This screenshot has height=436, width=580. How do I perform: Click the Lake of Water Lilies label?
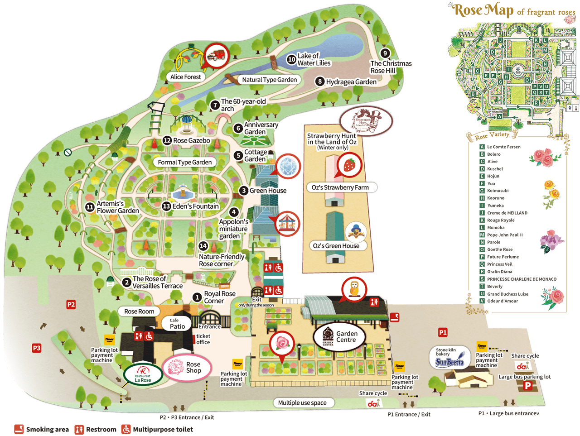pyautogui.click(x=314, y=59)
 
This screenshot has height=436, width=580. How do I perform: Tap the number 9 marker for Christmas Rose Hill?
pyautogui.click(x=385, y=53)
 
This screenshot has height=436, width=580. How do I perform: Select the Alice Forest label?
pyautogui.click(x=185, y=77)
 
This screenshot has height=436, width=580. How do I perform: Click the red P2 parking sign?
pyautogui.click(x=71, y=305)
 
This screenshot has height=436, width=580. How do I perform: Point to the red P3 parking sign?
pyautogui.click(x=37, y=348)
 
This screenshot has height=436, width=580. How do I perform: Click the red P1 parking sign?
pyautogui.click(x=443, y=332)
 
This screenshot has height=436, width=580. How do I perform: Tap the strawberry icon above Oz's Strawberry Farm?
pyautogui.click(x=349, y=164)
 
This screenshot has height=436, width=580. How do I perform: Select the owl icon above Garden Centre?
pyautogui.click(x=354, y=289)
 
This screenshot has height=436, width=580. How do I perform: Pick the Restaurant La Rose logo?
pyautogui.click(x=143, y=374)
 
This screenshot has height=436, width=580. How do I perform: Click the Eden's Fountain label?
pyautogui.click(x=195, y=206)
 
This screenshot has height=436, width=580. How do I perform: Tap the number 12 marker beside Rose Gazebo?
pyautogui.click(x=167, y=140)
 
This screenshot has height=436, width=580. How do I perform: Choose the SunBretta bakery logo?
pyautogui.click(x=449, y=358)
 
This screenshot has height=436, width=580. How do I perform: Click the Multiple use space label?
pyautogui.click(x=302, y=403)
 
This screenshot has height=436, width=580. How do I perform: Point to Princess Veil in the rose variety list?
pyautogui.click(x=500, y=264)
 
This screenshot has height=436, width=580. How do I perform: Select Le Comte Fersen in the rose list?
pyautogui.click(x=503, y=147)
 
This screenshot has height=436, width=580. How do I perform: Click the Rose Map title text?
pyautogui.click(x=484, y=10)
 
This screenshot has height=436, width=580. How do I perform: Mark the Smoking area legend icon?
pyautogui.click(x=19, y=429)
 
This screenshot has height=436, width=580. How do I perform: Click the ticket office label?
pyautogui.click(x=203, y=339)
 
